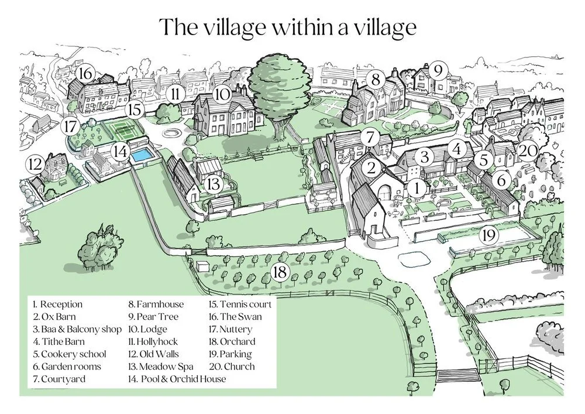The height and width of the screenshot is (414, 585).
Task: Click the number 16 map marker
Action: point(85,74)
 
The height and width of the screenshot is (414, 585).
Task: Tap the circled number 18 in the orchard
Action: point(280,272)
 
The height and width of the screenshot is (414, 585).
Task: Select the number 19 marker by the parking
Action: point(488,235)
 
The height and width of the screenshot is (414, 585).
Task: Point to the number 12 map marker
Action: point(36,162)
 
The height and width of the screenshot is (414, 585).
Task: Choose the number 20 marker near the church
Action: point(527,151)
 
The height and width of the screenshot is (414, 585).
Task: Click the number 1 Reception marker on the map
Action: point(416,187)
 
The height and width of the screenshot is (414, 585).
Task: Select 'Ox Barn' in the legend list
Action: point(54,317)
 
